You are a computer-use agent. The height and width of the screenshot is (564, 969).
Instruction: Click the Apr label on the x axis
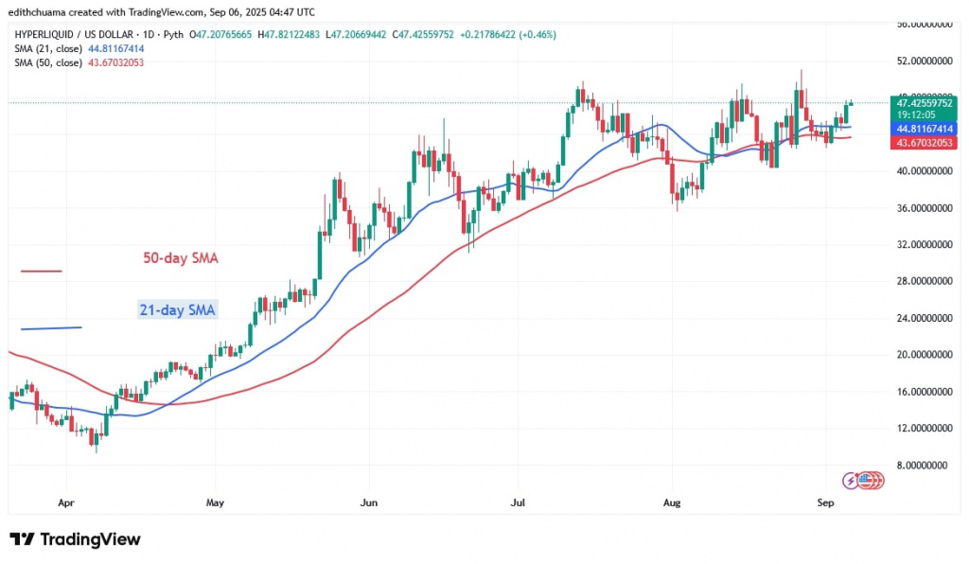point(65,504)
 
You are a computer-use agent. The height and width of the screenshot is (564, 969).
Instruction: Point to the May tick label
point(216,504)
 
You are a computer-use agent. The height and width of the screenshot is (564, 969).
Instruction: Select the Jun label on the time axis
point(369,504)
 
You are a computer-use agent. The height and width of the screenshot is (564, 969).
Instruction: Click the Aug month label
point(671,504)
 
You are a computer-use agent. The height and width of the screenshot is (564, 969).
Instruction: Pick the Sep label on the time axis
point(825,504)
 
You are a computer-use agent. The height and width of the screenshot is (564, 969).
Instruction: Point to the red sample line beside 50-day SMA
point(41,272)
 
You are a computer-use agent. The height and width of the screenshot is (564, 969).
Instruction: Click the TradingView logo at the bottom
point(76,539)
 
